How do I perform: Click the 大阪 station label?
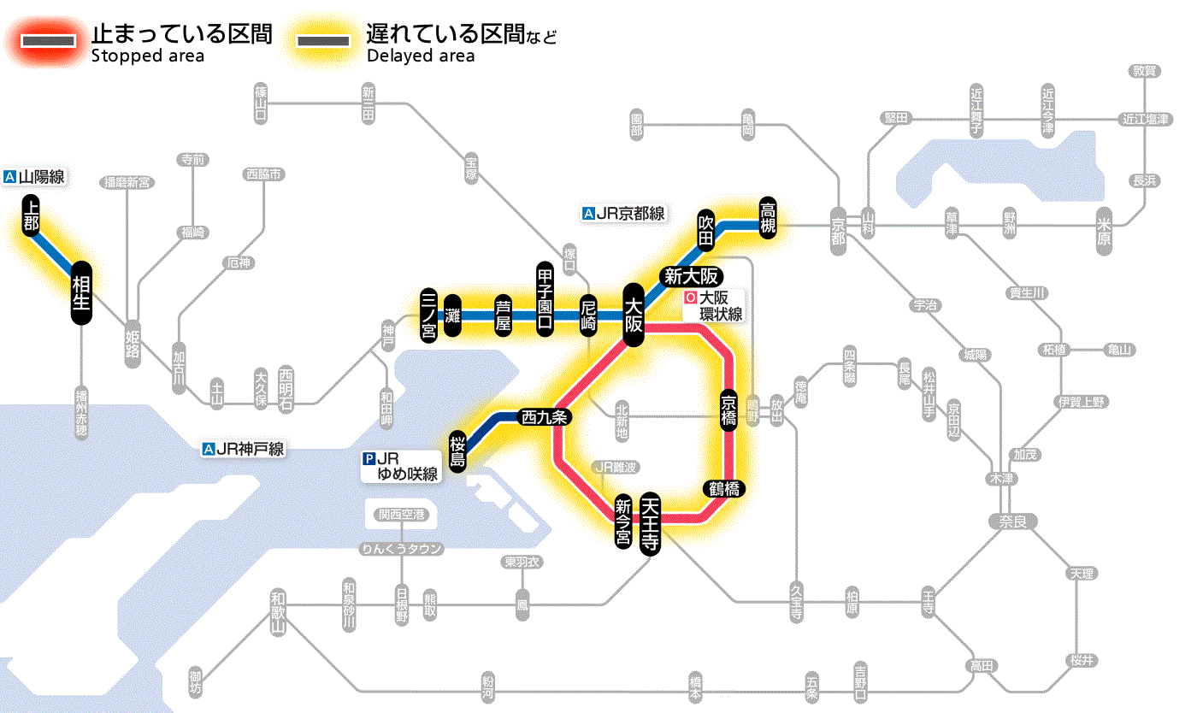[634, 314]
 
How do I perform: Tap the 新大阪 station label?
[692, 276]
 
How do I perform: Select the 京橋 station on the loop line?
[728, 410]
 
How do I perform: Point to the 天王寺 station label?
[651, 523]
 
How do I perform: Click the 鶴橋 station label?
[723, 489]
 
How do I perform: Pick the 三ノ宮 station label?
[429, 315]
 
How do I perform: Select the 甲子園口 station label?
[545, 300]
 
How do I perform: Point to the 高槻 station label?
[768, 220]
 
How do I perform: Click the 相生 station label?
[81, 293]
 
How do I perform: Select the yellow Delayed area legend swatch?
[323, 39]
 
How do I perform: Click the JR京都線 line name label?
[623, 214]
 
